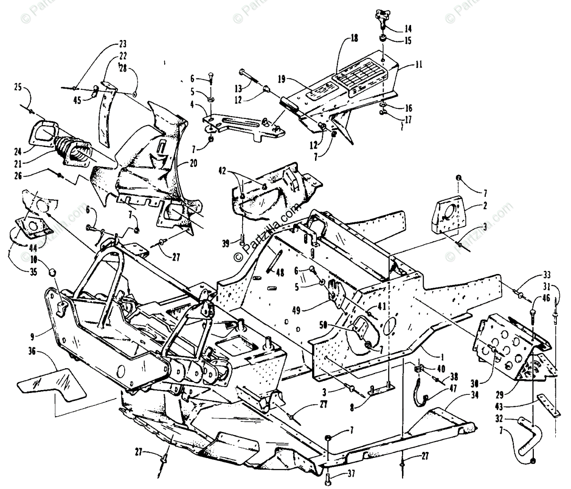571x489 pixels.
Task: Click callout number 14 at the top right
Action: click(408, 28)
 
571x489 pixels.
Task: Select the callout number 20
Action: click(193, 164)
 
